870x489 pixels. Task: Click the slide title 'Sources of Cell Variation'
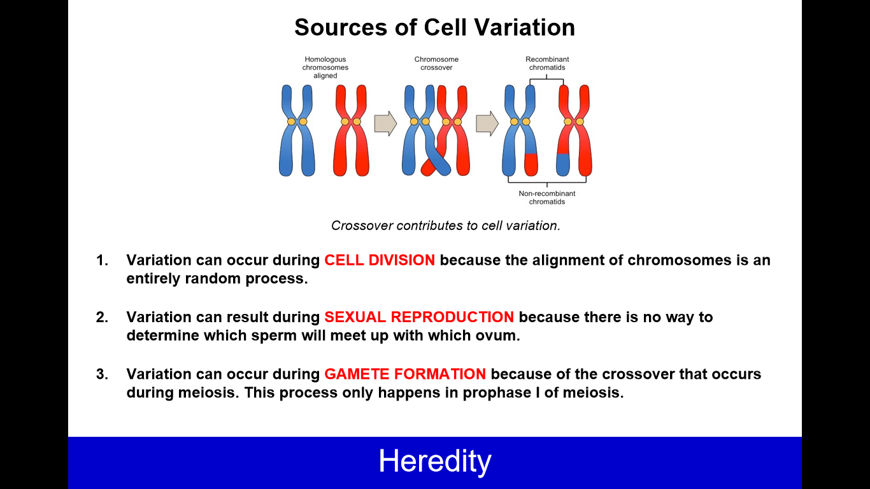(434, 27)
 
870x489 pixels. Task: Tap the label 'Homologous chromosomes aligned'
(325, 67)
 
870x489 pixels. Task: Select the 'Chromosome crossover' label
(436, 63)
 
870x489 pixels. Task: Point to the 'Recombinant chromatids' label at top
(547, 63)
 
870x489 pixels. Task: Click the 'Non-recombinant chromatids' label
(547, 197)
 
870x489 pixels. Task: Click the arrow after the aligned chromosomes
(385, 124)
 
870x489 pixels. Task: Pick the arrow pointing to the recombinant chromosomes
(487, 124)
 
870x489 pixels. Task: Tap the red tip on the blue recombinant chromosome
(531, 165)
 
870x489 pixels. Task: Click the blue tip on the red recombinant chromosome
(563, 165)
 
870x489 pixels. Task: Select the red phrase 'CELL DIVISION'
(380, 260)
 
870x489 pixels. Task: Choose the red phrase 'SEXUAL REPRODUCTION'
(419, 317)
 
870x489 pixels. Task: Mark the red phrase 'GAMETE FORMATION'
(405, 374)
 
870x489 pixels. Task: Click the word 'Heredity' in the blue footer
(435, 461)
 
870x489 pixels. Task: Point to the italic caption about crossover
(445, 225)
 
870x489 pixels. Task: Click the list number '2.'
(102, 317)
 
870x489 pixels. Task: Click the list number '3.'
(102, 374)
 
